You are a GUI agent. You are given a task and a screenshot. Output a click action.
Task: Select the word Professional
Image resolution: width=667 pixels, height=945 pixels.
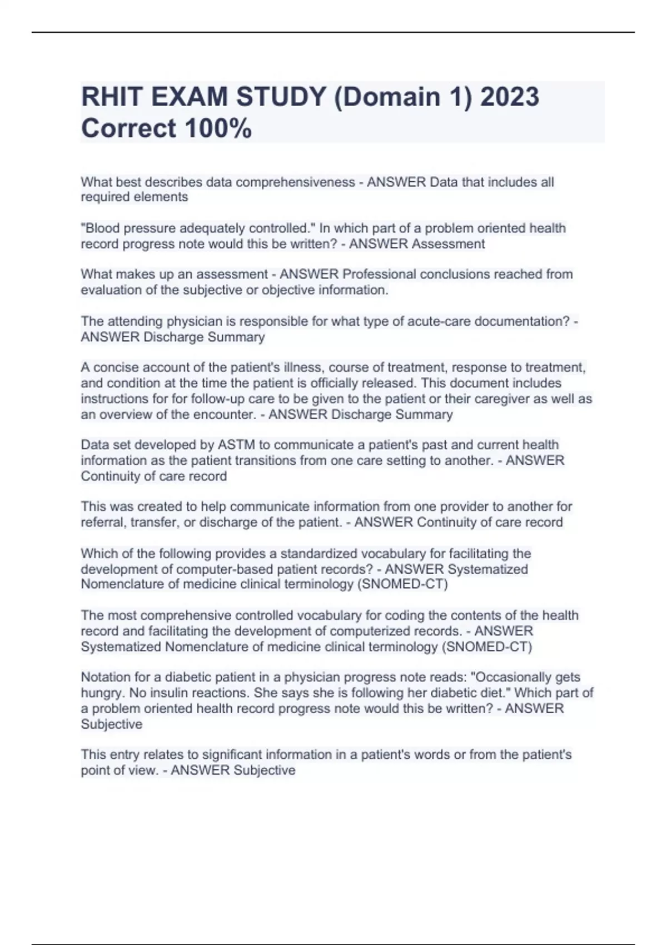pyautogui.click(x=379, y=274)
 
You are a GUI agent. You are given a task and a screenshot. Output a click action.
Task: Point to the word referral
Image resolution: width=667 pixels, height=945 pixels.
pyautogui.click(x=101, y=522)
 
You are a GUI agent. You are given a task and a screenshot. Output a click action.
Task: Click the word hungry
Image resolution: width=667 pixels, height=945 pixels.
pyautogui.click(x=101, y=693)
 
